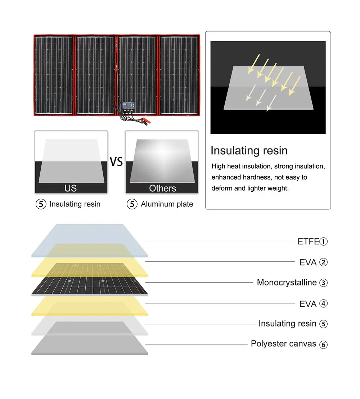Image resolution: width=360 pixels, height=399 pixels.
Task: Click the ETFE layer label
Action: [308, 241]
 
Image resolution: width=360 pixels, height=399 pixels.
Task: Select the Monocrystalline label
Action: [287, 283]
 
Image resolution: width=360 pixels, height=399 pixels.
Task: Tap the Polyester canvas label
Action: [283, 344]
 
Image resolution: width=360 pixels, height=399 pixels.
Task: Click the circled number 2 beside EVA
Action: [324, 262]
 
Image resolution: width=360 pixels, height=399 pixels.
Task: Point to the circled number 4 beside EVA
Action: [324, 304]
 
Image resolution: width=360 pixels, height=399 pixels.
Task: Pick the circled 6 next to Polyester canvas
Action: [324, 345]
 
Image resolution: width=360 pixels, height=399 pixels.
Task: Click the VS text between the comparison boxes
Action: [116, 162]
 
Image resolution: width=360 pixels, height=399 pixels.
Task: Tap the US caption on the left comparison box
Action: [71, 188]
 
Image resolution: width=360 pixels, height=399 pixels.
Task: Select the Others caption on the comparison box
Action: [162, 188]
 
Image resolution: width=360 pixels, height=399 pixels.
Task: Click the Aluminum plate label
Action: [167, 204]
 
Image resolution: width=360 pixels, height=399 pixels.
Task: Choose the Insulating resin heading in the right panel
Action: [249, 150]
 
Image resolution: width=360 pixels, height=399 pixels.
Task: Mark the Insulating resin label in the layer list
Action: [287, 324]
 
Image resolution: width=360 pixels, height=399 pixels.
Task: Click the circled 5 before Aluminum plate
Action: [132, 204]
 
